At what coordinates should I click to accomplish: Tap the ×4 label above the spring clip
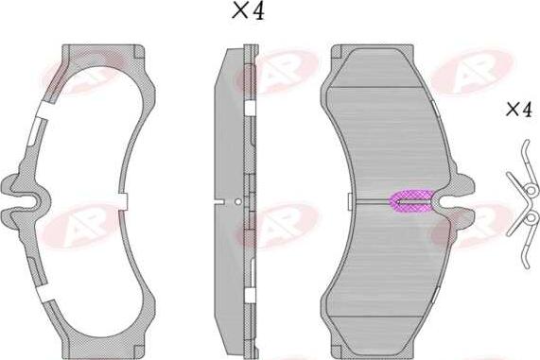(x=517, y=110)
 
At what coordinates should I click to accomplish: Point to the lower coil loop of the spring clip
(x=530, y=221)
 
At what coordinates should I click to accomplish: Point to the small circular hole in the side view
(x=238, y=200)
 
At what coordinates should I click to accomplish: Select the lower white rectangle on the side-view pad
(x=248, y=296)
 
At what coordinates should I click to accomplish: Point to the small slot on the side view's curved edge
(x=219, y=200)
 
